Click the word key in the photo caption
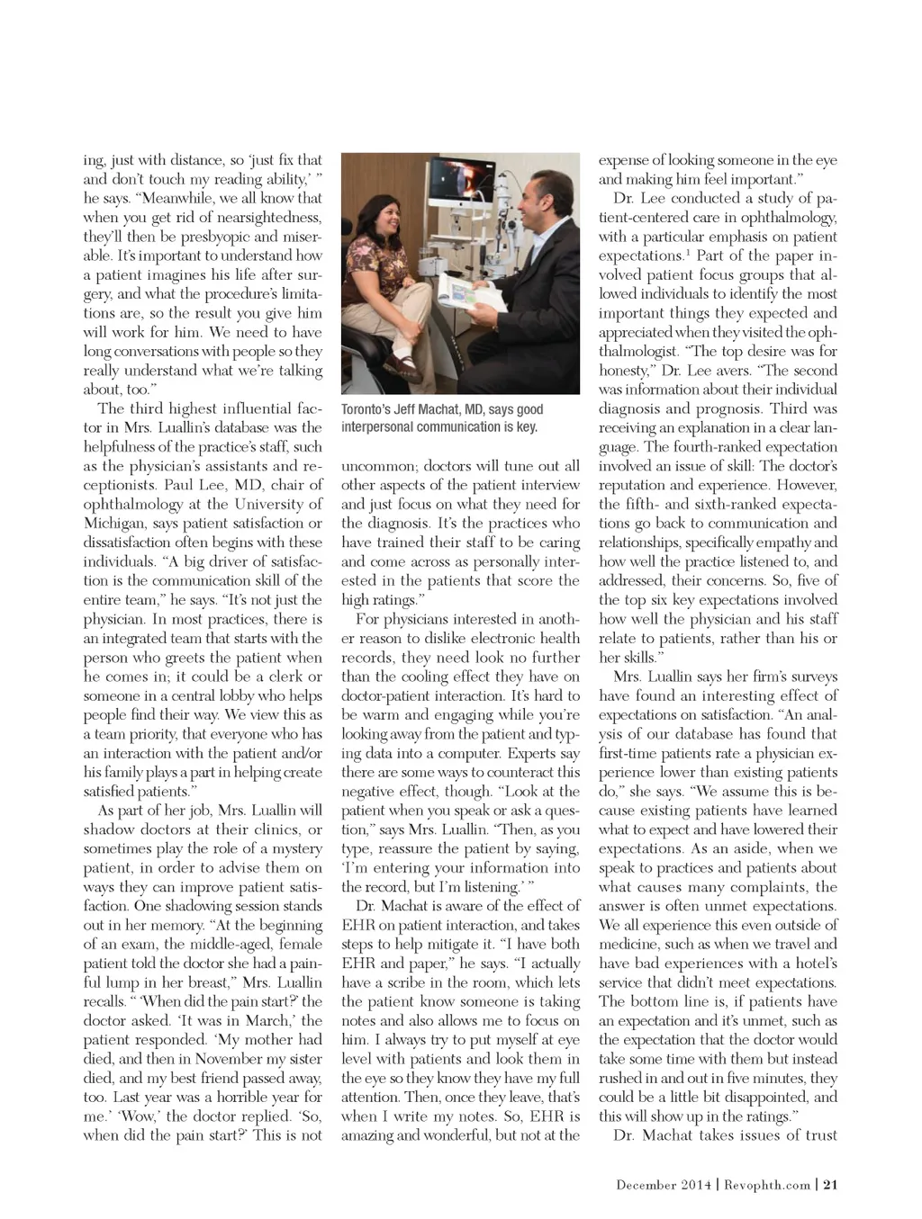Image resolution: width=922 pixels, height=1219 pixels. (x=526, y=427)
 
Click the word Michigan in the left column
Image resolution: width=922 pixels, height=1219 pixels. (x=113, y=524)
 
